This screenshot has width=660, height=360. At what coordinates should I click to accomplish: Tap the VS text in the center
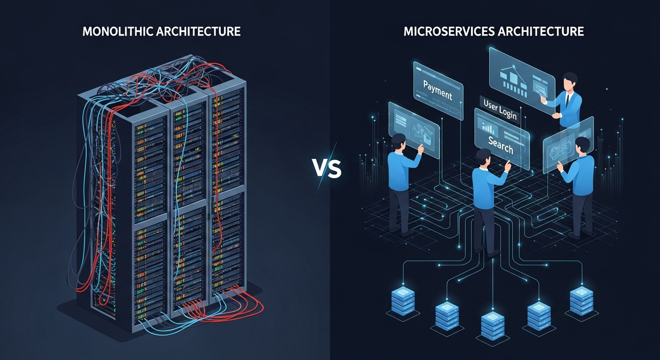[327, 168]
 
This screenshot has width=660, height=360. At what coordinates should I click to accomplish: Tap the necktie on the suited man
[568, 99]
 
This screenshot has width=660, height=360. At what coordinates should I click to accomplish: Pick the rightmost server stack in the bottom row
[582, 300]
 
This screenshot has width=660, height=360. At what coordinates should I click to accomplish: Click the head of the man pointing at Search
[484, 157]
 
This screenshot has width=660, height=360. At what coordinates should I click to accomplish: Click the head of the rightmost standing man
[582, 145]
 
